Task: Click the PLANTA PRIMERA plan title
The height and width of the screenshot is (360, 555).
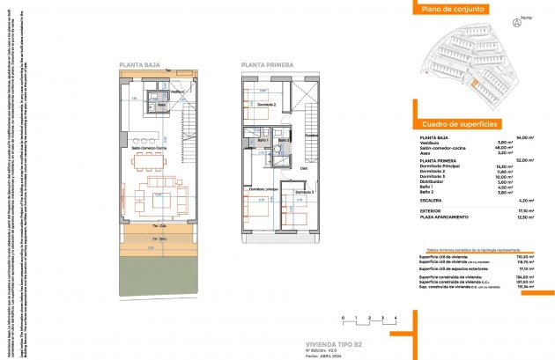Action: (266, 65)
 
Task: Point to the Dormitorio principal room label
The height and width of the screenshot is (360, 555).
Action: (263, 189)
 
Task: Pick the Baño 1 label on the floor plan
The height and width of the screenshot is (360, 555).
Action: (263, 141)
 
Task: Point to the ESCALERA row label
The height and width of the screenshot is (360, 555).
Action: (433, 200)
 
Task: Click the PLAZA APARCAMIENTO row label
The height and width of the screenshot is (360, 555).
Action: (450, 217)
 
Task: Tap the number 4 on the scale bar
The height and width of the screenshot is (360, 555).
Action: (396, 315)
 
